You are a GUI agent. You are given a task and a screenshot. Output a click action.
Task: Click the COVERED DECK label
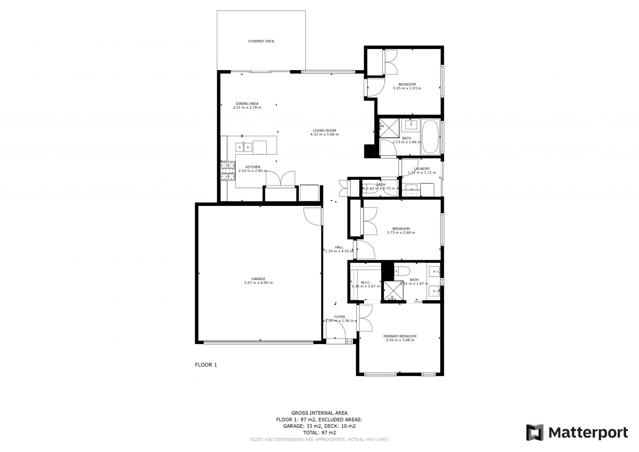261,41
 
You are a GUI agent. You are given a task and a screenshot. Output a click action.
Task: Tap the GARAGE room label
258,279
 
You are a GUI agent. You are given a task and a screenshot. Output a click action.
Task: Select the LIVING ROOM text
324,131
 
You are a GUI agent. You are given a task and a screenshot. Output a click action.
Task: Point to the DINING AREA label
247,104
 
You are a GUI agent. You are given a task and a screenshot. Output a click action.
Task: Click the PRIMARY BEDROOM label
400,336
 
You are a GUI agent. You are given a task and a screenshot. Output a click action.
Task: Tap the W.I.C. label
366,282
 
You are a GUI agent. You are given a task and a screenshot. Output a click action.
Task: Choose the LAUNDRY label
422,169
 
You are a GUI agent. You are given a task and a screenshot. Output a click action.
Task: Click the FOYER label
339,317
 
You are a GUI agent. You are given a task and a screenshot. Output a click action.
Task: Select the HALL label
339,247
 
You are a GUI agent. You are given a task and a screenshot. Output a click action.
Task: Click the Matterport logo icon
534,432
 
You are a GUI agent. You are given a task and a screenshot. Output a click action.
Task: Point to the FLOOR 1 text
206,365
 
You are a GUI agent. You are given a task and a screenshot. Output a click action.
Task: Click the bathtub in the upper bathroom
431,137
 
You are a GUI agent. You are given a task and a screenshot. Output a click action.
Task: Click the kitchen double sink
244,147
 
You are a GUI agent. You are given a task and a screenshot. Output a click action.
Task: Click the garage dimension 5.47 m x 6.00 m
258,283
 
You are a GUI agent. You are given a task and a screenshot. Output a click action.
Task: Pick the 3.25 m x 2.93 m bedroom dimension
407,88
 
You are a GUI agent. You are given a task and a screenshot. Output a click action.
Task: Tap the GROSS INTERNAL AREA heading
319,413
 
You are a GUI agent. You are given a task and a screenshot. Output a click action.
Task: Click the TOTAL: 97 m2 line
319,433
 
